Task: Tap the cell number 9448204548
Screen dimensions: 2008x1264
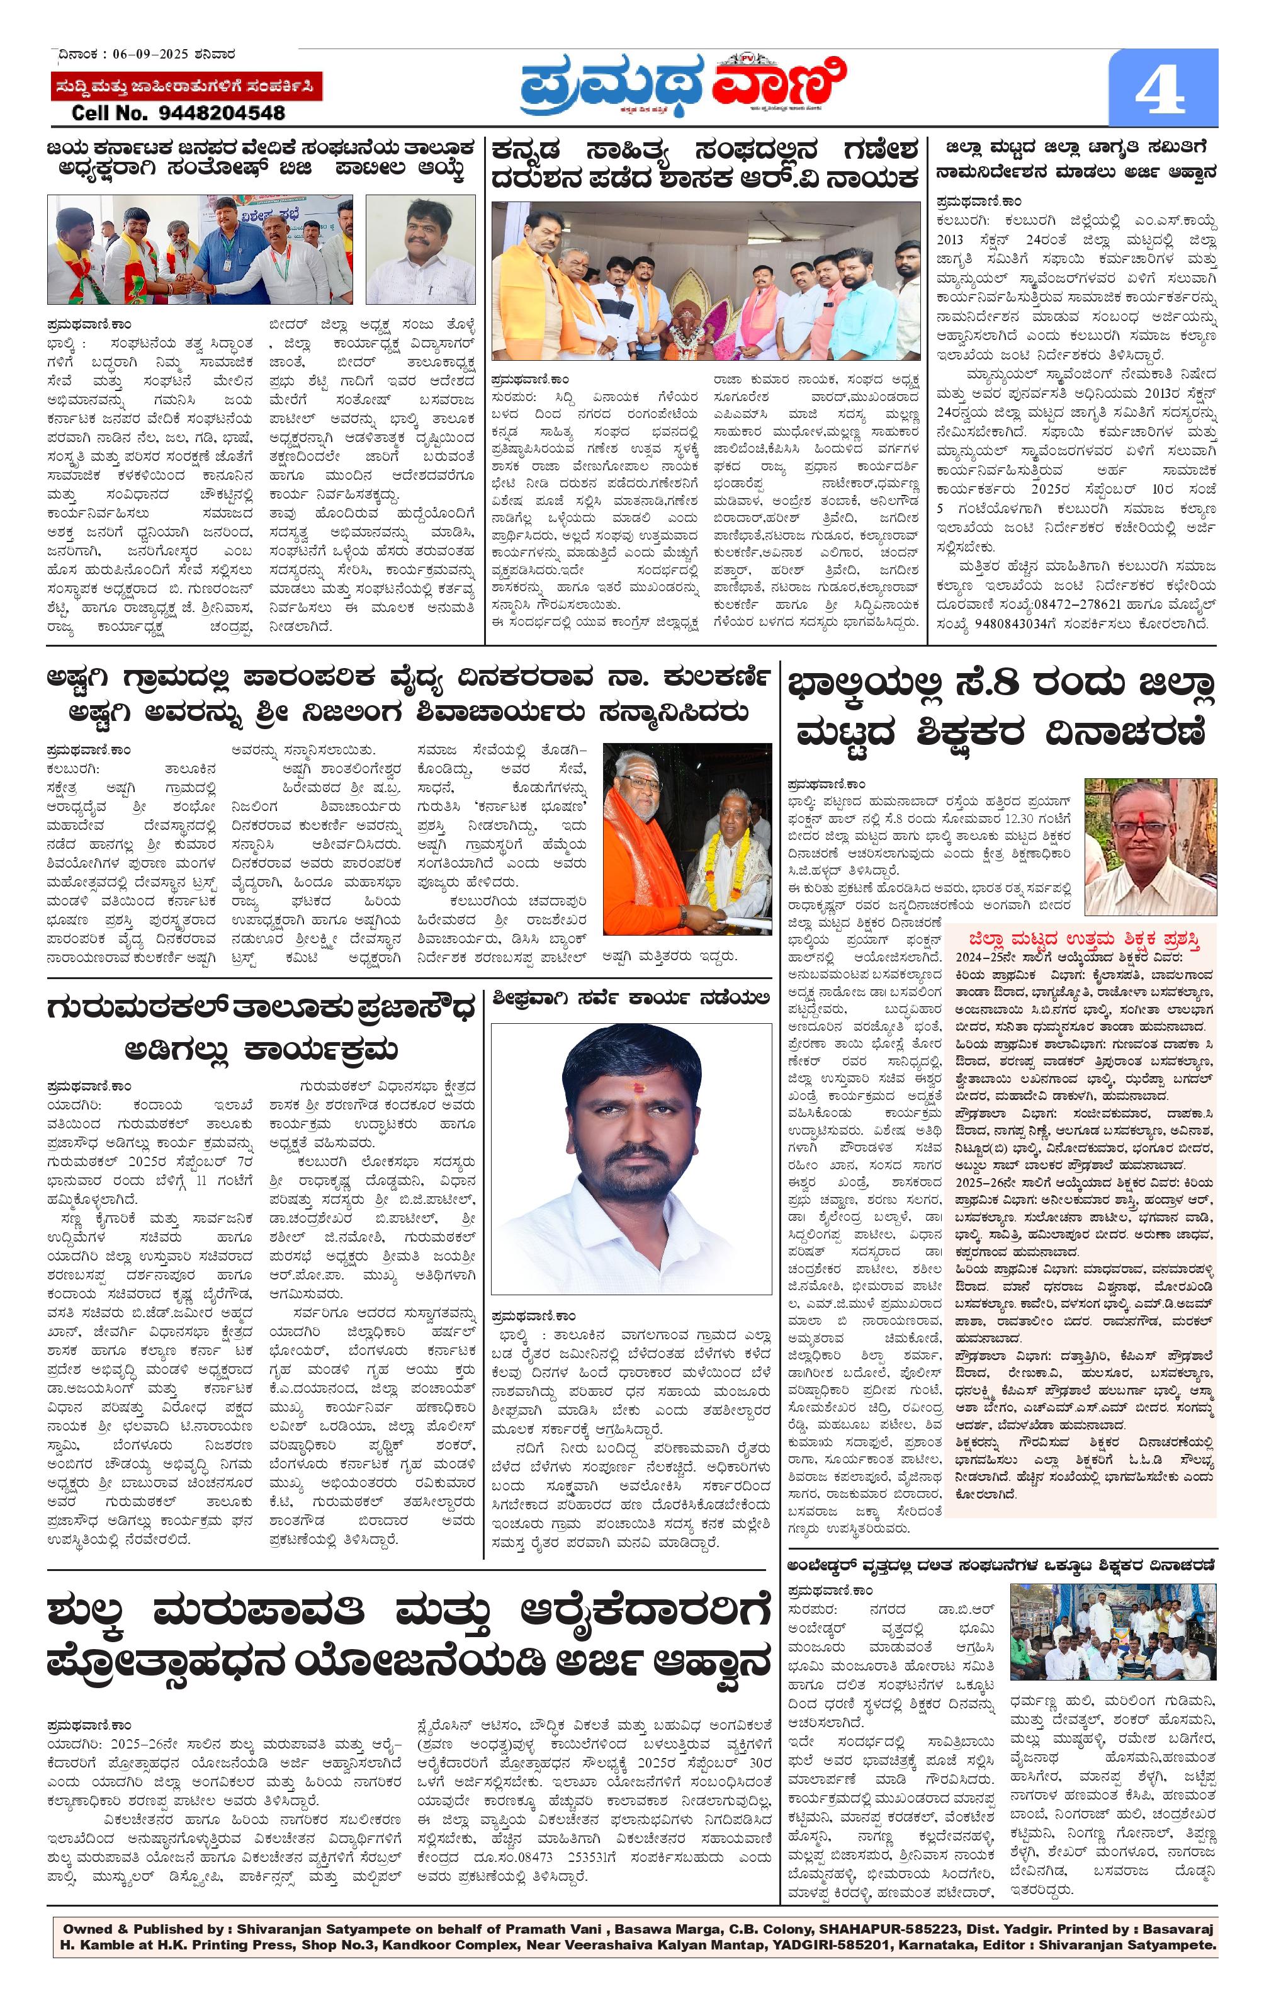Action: tap(178, 113)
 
